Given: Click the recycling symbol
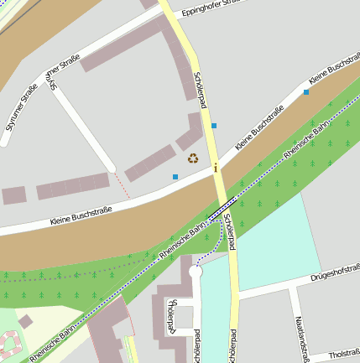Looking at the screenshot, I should [193, 157].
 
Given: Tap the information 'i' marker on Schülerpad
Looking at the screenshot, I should [216, 169].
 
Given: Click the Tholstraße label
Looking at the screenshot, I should [345, 354].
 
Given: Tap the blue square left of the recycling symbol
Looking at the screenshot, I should [175, 177].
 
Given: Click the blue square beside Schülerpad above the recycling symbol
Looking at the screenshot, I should [214, 126].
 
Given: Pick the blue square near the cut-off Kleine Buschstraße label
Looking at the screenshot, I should [305, 92].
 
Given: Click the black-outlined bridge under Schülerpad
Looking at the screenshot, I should [222, 206].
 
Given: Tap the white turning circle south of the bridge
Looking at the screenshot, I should [196, 272].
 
